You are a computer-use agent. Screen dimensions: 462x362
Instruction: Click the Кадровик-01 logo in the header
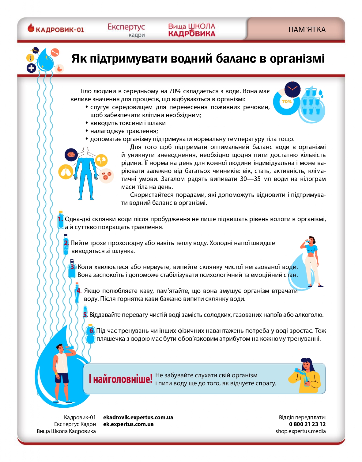click(x=56, y=29)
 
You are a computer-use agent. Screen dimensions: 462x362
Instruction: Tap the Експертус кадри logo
click(x=126, y=30)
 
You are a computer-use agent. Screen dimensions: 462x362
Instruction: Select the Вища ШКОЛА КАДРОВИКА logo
click(x=192, y=30)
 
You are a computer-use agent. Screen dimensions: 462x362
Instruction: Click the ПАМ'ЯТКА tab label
click(x=307, y=30)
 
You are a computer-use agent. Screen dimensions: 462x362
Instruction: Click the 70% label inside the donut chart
click(x=287, y=102)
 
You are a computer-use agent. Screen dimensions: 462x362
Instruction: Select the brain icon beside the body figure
click(x=71, y=154)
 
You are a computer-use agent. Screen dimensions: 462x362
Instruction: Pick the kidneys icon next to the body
click(x=101, y=160)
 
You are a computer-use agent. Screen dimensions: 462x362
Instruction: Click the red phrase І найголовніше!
click(x=120, y=379)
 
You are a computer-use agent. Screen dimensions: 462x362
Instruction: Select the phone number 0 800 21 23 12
click(x=307, y=424)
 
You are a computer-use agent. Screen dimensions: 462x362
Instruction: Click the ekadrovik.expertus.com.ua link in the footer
click(x=138, y=418)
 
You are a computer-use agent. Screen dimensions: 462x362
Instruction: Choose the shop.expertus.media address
click(x=300, y=431)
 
